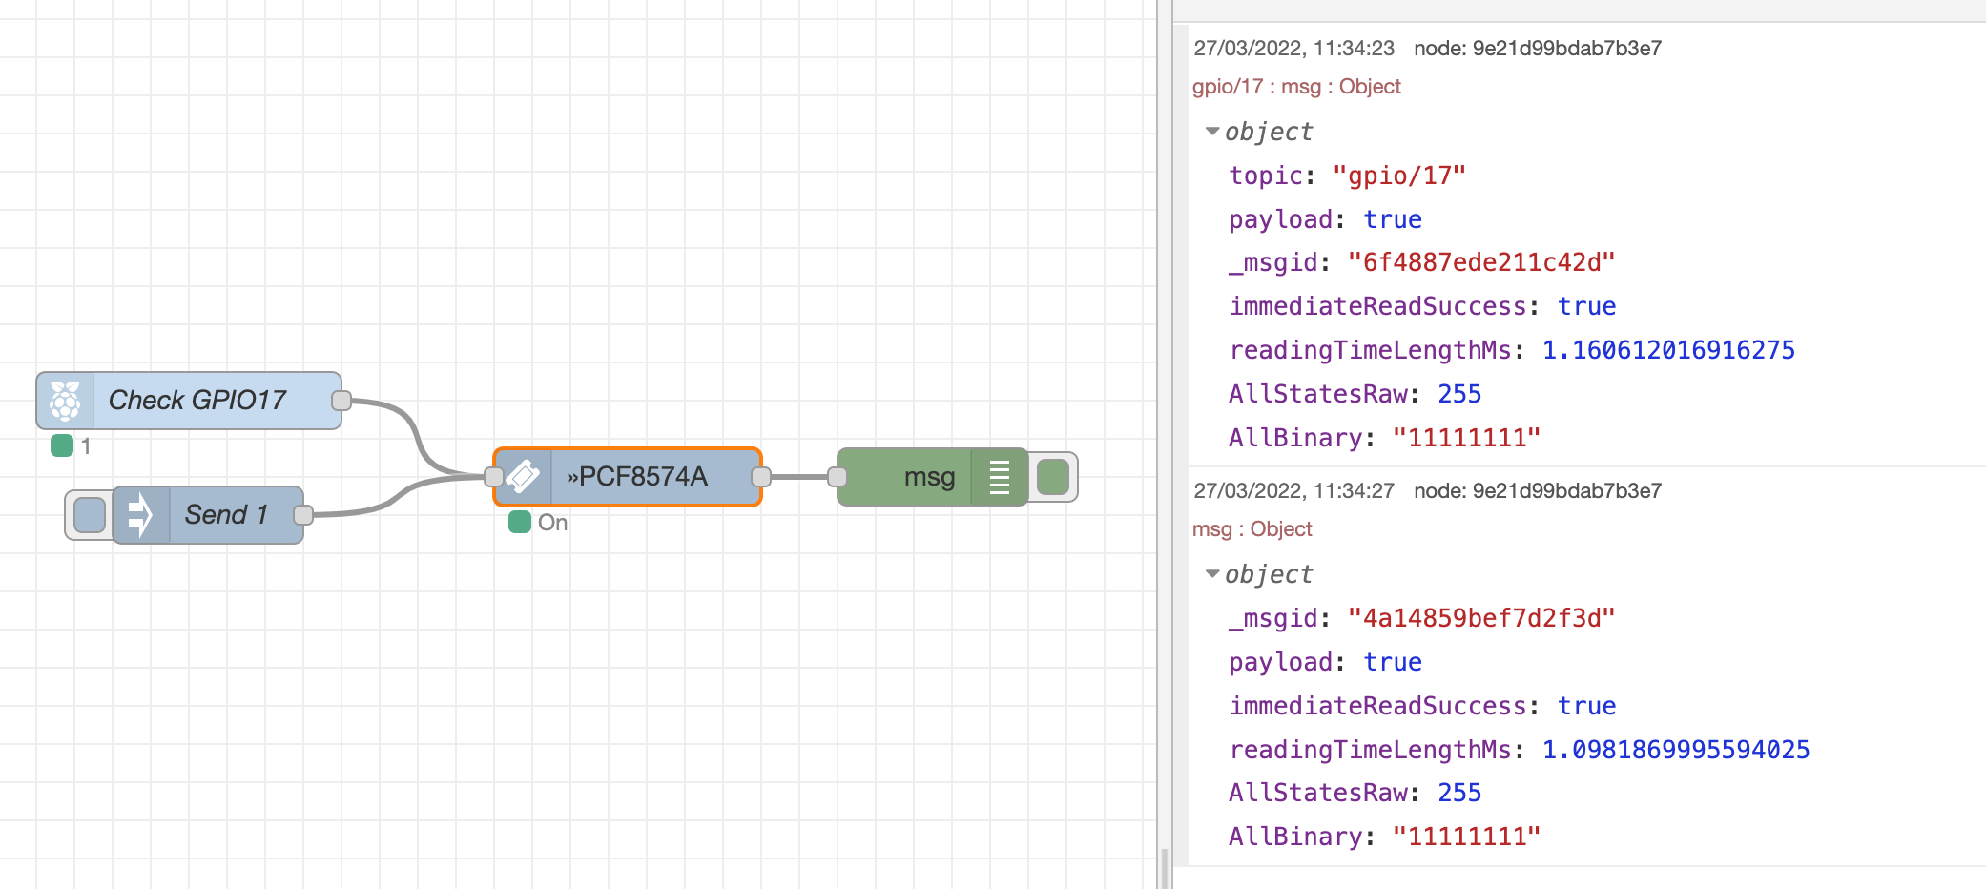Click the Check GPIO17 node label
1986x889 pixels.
[x=197, y=400]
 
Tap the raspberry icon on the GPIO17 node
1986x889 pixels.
[x=65, y=401]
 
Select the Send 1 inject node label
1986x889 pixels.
[x=225, y=515]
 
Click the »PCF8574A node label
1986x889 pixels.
[x=637, y=476]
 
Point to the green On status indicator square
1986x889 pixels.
[x=520, y=522]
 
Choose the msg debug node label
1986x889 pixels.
[x=929, y=476]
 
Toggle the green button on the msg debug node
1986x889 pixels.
[x=1052, y=477]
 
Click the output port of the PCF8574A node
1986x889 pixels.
[x=761, y=476]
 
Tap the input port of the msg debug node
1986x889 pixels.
[x=838, y=476]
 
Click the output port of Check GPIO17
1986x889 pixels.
[x=341, y=401]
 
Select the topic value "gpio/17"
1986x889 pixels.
[x=1398, y=176]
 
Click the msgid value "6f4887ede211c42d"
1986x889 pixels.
[x=1480, y=262]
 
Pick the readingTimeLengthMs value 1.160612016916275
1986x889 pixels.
[x=1668, y=350]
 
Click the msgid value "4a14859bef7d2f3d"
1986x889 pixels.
[x=1480, y=618]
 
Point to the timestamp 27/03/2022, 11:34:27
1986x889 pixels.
[x=1293, y=490]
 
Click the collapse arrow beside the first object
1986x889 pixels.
[x=1212, y=132]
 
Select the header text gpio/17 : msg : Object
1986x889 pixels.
[x=1296, y=87]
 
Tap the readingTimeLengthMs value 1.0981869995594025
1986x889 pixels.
[x=1676, y=750]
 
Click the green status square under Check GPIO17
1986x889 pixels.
[x=62, y=445]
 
